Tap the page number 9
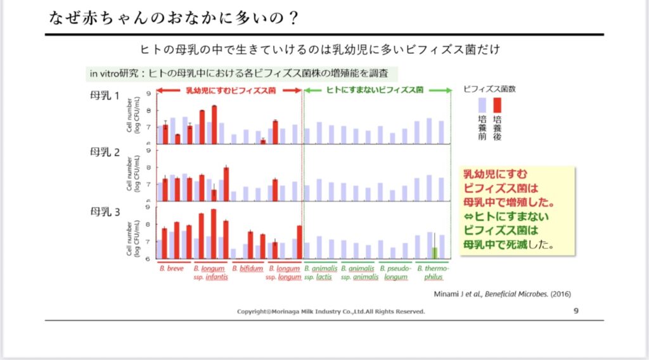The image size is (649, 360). click(x=575, y=311)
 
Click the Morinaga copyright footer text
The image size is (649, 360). click(x=331, y=312)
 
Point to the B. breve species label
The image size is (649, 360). click(x=172, y=269)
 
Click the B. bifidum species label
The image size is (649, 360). click(x=247, y=269)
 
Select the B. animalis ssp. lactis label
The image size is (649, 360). click(x=321, y=273)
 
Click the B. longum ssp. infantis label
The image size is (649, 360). click(x=209, y=273)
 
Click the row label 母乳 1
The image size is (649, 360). click(x=105, y=96)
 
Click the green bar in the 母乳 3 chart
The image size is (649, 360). click(x=434, y=252)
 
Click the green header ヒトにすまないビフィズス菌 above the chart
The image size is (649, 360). click(x=375, y=90)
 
